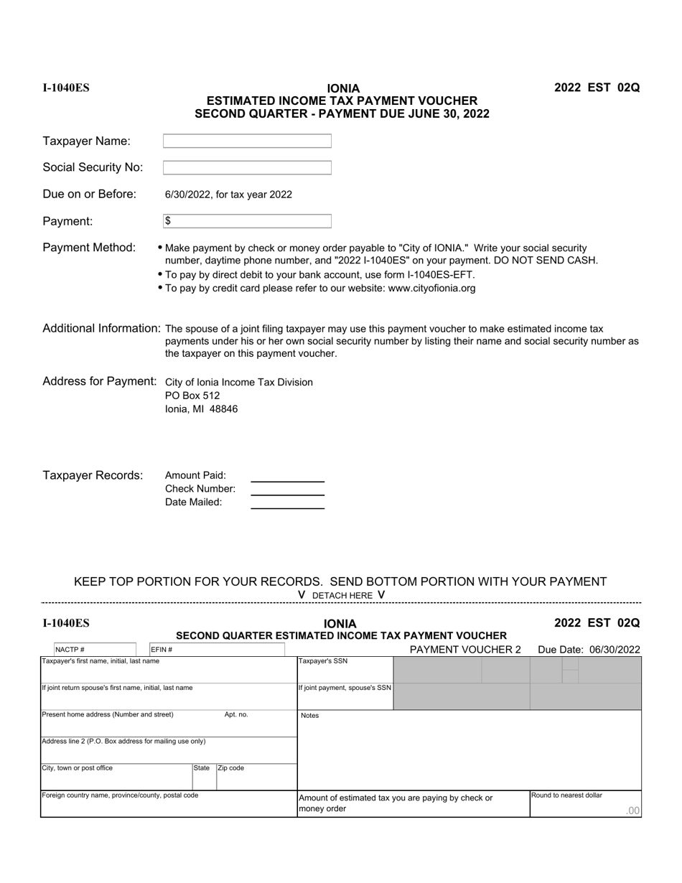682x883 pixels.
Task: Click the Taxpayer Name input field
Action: (247, 141)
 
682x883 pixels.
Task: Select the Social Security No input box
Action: (247, 168)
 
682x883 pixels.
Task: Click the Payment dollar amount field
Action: (247, 221)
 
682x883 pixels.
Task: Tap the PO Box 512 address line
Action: (192, 396)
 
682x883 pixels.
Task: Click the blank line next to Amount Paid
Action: (287, 476)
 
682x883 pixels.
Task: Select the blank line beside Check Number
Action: (287, 490)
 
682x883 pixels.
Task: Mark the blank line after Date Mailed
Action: (287, 503)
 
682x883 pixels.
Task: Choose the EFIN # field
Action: (216, 650)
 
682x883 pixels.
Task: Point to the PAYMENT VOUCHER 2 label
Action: (465, 650)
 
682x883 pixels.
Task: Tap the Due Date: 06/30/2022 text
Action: (589, 650)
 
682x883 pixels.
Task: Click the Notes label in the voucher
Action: (309, 716)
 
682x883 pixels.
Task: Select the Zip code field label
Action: (231, 768)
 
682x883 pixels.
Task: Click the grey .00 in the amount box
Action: (632, 810)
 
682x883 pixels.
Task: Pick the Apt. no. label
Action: (236, 715)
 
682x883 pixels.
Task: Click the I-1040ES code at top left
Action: (66, 88)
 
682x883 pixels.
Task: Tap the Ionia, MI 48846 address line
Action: (201, 409)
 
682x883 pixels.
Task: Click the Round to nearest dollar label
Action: (566, 795)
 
